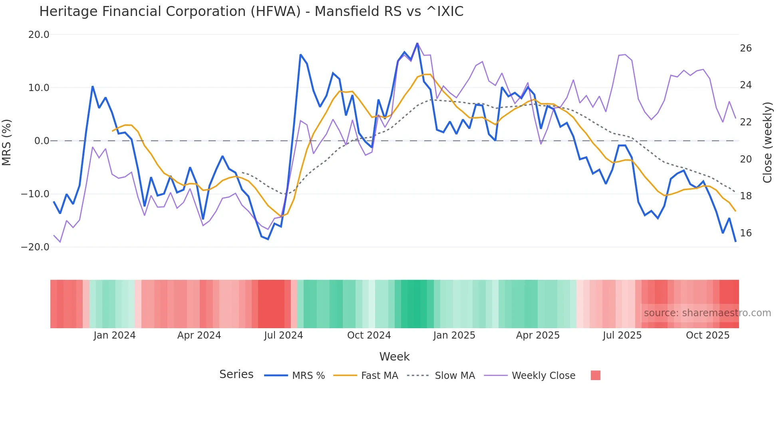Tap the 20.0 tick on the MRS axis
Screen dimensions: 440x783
tap(39, 35)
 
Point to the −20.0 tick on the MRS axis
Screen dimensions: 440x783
tap(36, 247)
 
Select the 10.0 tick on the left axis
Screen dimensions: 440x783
tap(39, 88)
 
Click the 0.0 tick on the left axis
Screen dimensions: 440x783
tap(42, 141)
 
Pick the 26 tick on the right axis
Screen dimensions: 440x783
tap(745, 48)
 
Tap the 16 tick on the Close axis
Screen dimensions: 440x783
tap(745, 233)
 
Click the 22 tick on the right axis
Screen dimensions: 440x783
tap(745, 122)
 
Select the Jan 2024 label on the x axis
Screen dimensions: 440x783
tap(115, 335)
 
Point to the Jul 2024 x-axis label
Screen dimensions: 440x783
tap(284, 335)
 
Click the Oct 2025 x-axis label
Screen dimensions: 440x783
tap(707, 335)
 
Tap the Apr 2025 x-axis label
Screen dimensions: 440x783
tap(538, 335)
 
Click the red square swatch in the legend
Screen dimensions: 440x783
tap(595, 375)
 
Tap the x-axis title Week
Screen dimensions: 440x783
tap(394, 357)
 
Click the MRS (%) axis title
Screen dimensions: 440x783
tap(7, 142)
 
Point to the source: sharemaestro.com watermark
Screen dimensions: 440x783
tap(707, 313)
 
